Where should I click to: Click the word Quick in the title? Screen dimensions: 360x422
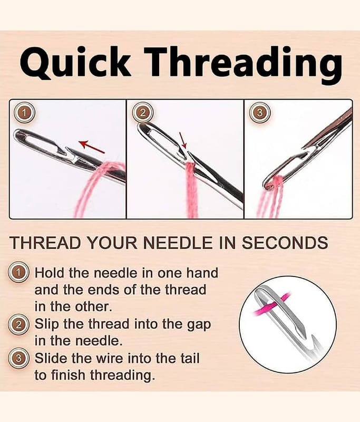(x=75, y=62)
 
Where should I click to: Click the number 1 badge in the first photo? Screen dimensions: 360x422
(x=24, y=113)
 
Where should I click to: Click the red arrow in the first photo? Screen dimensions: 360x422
(x=92, y=147)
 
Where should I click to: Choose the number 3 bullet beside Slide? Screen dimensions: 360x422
(x=18, y=358)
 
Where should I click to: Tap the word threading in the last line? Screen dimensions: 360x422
(x=122, y=375)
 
